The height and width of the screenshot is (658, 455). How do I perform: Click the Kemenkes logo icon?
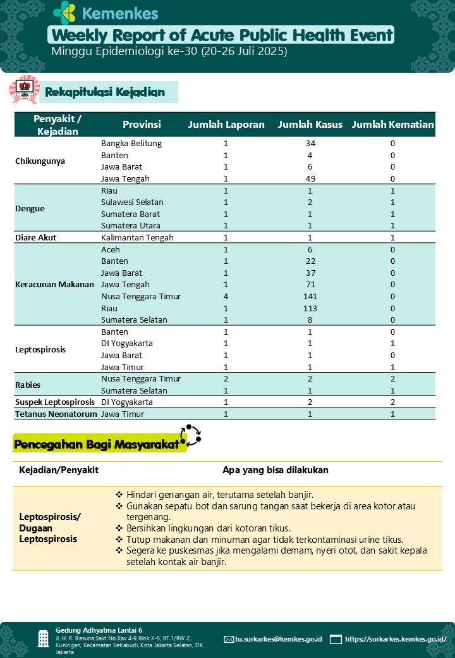[x=64, y=13]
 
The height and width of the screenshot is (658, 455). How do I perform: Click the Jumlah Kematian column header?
[x=392, y=125]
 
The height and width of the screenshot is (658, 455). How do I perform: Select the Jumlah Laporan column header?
[x=226, y=125]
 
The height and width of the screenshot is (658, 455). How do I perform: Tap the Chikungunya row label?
[x=40, y=161]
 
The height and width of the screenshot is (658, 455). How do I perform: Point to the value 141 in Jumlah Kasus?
[x=310, y=296]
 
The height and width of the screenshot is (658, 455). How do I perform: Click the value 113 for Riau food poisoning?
[x=310, y=308]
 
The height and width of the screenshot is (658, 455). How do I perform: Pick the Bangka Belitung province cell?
[x=131, y=144]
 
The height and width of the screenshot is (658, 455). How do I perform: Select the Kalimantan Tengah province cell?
[x=137, y=237]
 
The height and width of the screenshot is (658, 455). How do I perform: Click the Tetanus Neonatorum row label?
[x=56, y=414]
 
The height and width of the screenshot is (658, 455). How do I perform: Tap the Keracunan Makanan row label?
[x=54, y=285]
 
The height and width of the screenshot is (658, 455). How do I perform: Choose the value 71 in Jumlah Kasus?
[x=310, y=285]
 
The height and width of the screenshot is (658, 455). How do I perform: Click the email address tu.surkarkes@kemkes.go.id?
[x=278, y=639]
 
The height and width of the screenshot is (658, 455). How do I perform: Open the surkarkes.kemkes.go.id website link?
[x=396, y=639]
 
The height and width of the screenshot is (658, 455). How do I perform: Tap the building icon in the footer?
[x=43, y=638]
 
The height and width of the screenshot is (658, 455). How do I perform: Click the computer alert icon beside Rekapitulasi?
[x=24, y=89]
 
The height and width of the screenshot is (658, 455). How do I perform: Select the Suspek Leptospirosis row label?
[x=55, y=402]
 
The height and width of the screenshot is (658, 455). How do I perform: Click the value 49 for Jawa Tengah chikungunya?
[x=310, y=179]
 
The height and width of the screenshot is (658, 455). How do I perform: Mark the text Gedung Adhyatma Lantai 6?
[x=99, y=630]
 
